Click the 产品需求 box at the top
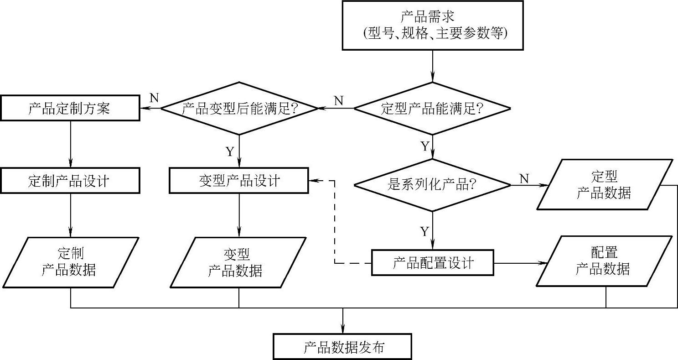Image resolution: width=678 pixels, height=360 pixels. pyautogui.click(x=433, y=25)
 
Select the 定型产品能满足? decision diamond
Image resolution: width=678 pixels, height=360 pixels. pyautogui.click(x=432, y=109)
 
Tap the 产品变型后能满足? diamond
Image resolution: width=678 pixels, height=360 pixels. pyautogui.click(x=239, y=109)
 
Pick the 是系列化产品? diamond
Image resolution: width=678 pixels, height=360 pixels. pyautogui.click(x=432, y=185)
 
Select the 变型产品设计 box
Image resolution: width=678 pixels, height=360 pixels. pyautogui.click(x=239, y=181)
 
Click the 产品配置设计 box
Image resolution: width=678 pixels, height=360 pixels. pyautogui.click(x=432, y=263)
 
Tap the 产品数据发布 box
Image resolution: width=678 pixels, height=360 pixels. pyautogui.click(x=342, y=348)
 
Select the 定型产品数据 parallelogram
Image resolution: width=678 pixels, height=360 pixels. pyautogui.click(x=604, y=185)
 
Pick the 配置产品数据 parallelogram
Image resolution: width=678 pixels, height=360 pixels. pyautogui.click(x=604, y=261)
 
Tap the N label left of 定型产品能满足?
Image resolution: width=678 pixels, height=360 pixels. pyautogui.click(x=338, y=100)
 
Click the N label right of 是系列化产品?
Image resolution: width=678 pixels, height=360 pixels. pyautogui.click(x=524, y=178)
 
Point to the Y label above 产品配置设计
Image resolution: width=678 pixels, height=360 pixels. pyautogui.click(x=424, y=232)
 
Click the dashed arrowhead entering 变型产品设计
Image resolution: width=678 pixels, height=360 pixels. pyautogui.click(x=314, y=181)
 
